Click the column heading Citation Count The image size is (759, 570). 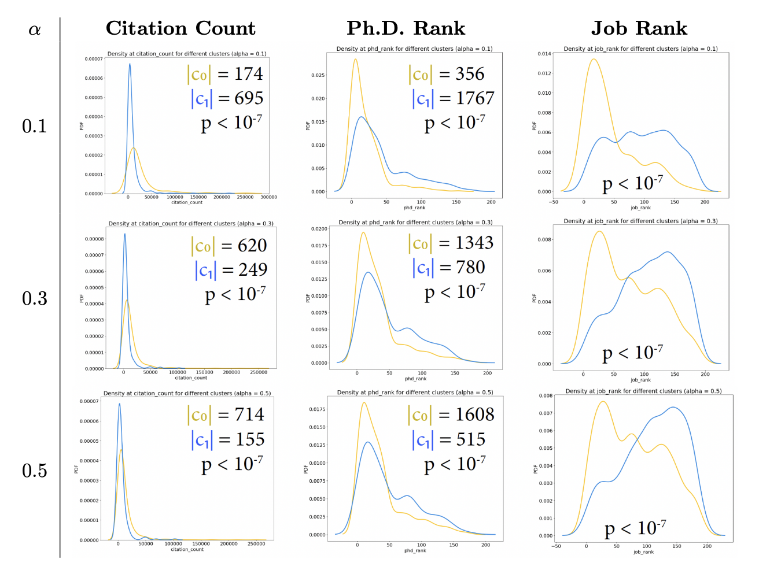click(180, 28)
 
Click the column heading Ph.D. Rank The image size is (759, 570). click(406, 28)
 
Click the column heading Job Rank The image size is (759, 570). click(639, 28)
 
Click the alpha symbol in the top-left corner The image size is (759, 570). click(35, 29)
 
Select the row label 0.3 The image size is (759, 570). click(35, 298)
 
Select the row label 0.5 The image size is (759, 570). click(35, 471)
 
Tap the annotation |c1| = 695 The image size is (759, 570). click(227, 98)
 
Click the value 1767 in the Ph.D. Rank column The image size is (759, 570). click(475, 98)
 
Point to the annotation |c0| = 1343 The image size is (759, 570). click(451, 243)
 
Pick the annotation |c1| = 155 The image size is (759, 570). click(227, 439)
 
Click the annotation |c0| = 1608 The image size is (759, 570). click(451, 414)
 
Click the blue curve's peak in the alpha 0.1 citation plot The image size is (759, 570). click(130, 64)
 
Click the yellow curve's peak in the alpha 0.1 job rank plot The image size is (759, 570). click(593, 59)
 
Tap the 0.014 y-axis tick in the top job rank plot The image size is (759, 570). click(544, 54)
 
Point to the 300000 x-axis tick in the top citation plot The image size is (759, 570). click(268, 197)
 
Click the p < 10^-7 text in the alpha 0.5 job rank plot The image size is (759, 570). click(635, 528)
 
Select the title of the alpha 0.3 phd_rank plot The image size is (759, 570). click(415, 223)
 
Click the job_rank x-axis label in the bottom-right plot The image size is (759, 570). click(643, 552)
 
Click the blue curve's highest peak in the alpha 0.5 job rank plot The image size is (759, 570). click(673, 408)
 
